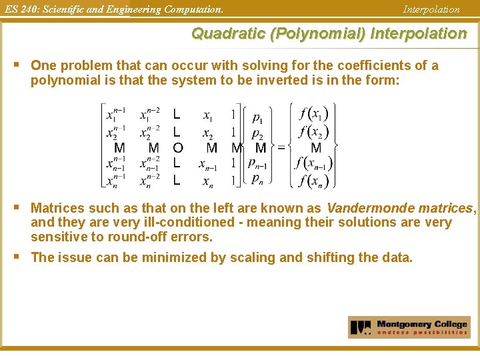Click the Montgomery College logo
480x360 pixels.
409,327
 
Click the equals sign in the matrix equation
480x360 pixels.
281,147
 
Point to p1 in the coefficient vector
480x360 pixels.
257,117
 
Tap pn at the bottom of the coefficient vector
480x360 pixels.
257,179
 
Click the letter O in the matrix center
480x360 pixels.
177,147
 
